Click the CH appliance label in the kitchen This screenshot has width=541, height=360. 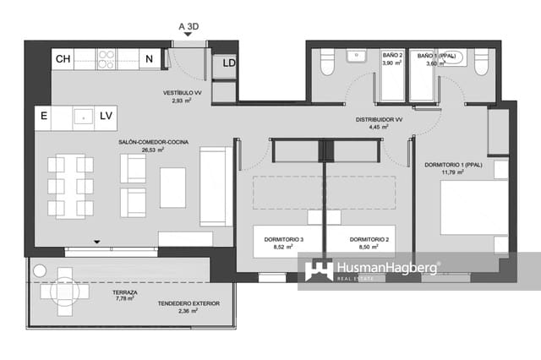point(63,59)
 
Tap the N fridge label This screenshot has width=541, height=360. point(149,59)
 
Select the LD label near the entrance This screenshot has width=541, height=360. point(229,63)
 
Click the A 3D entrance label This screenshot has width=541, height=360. point(188,26)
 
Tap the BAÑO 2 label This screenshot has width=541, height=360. point(391,55)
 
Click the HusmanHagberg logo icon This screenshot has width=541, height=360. point(319,270)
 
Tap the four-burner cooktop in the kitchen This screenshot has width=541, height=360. point(107,58)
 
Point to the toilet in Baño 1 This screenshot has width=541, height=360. point(481,63)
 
